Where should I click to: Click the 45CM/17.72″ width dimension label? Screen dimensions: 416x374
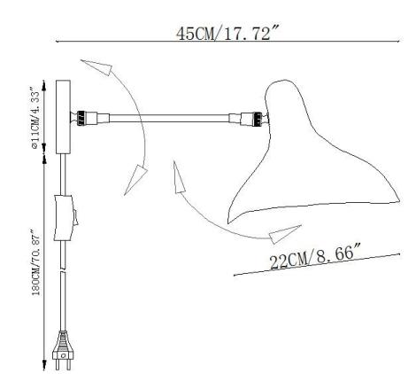coord(227,33)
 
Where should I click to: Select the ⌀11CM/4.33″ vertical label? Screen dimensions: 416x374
coord(35,116)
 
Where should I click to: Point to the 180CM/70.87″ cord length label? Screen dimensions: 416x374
coord(36,261)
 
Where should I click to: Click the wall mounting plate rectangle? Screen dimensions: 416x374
coord(63,117)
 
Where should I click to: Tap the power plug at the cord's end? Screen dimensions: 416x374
coord(62,350)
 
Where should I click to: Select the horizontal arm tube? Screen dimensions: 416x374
coord(169,118)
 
